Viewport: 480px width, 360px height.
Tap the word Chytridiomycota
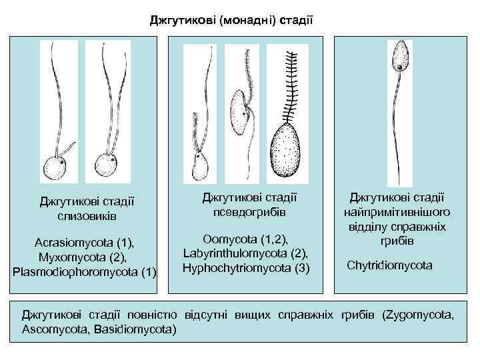point(389,265)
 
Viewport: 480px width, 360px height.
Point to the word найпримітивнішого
point(397,212)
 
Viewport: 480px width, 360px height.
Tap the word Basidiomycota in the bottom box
point(136,329)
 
